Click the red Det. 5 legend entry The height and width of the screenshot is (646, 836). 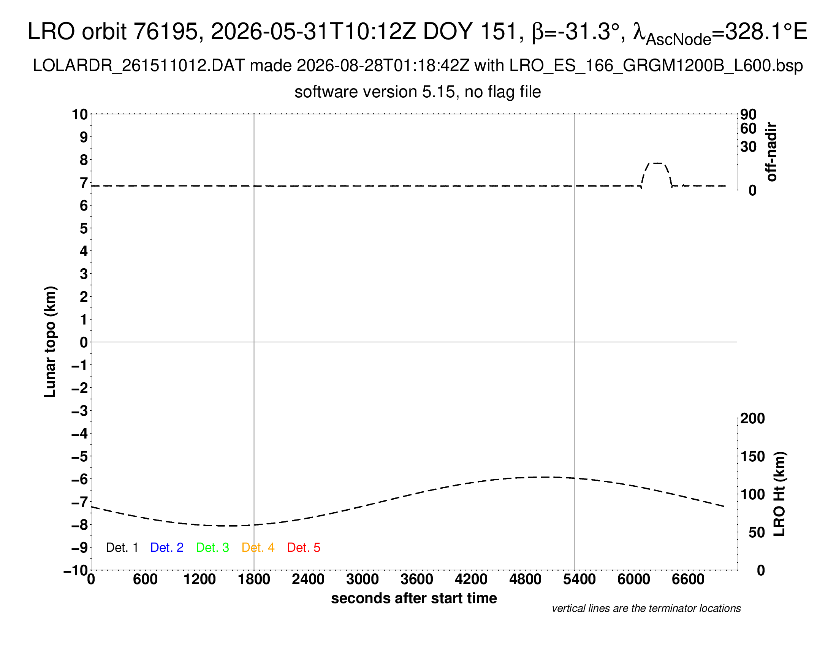point(304,548)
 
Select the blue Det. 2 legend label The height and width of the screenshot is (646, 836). point(167,548)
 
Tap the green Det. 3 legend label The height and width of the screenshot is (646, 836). point(212,548)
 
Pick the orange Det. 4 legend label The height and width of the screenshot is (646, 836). point(258,548)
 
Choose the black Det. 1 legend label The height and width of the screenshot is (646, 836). point(122,548)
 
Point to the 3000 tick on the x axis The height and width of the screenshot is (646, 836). point(363,579)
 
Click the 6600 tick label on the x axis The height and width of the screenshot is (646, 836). point(688,579)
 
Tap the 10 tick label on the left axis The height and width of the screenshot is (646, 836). point(80,114)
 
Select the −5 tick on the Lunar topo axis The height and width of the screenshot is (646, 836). point(80,456)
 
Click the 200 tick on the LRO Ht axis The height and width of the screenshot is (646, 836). point(752,418)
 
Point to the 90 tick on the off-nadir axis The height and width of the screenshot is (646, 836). point(748,114)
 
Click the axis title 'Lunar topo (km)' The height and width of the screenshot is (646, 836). point(50,342)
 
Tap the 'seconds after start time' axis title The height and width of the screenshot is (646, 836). point(414,598)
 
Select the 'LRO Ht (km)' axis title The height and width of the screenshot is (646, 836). point(779,494)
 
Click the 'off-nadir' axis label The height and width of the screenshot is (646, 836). point(772,152)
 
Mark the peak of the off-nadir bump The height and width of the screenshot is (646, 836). point(657,163)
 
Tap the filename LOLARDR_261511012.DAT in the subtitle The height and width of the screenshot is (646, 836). point(139,66)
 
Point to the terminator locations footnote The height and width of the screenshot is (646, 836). point(646,608)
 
